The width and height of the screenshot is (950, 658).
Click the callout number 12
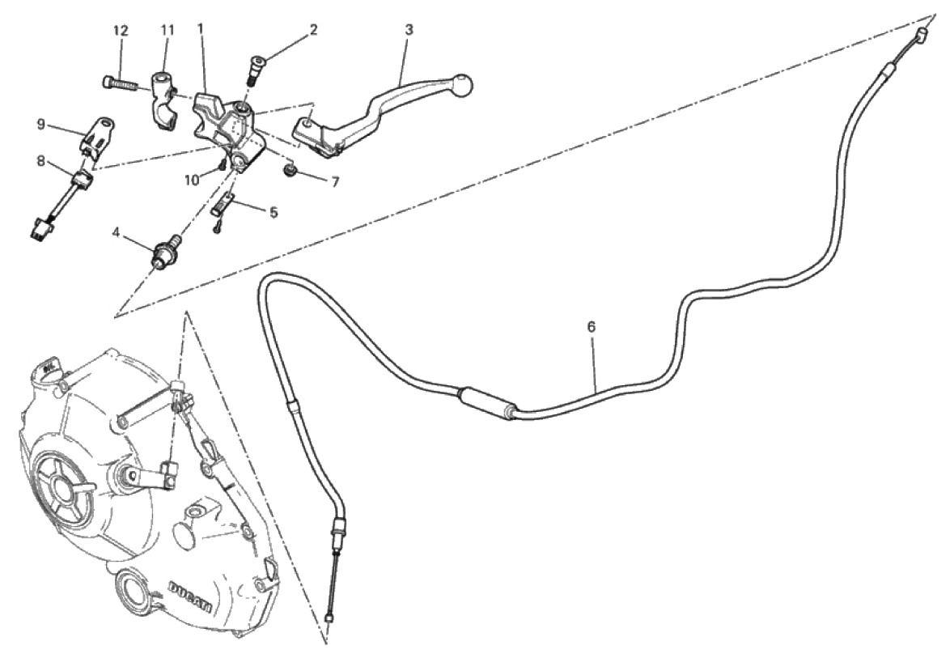click(x=121, y=31)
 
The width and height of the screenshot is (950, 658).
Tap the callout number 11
click(x=168, y=30)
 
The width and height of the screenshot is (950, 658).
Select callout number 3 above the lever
click(x=409, y=30)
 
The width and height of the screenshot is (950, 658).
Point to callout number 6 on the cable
click(x=592, y=327)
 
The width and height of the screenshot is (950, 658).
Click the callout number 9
click(x=41, y=124)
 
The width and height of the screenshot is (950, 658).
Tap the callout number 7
click(x=335, y=182)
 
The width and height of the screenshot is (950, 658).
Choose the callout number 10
click(x=192, y=180)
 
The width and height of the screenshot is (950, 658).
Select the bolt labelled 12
click(x=121, y=83)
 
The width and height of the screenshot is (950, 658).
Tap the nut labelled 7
click(x=291, y=168)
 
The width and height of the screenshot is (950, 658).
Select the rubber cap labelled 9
click(x=97, y=135)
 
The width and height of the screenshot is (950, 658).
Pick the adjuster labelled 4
click(x=164, y=250)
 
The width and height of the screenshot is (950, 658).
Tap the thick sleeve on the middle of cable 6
click(x=489, y=402)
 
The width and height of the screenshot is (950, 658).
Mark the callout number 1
click(x=200, y=28)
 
